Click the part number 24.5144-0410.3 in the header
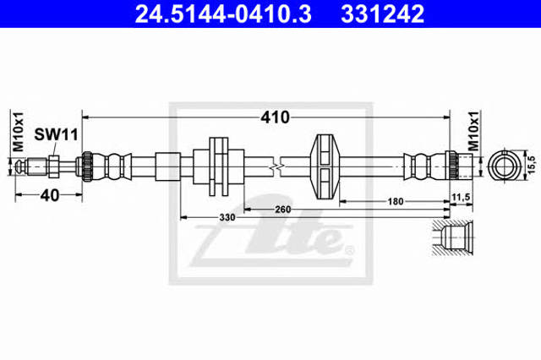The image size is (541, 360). pyautogui.click(x=223, y=14)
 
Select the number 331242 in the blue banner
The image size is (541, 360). pyautogui.click(x=382, y=14)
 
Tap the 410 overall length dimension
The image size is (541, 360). pyautogui.click(x=275, y=117)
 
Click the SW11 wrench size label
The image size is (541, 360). pyautogui.click(x=57, y=134)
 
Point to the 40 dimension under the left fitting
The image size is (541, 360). pyautogui.click(x=50, y=195)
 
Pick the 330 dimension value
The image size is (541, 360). pyautogui.click(x=227, y=217)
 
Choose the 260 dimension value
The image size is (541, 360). pyautogui.click(x=282, y=210)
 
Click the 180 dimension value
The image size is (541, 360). pyautogui.click(x=396, y=201)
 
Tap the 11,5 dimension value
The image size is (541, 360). pyautogui.click(x=461, y=197)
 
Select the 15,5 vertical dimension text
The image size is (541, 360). pyautogui.click(x=532, y=164)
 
